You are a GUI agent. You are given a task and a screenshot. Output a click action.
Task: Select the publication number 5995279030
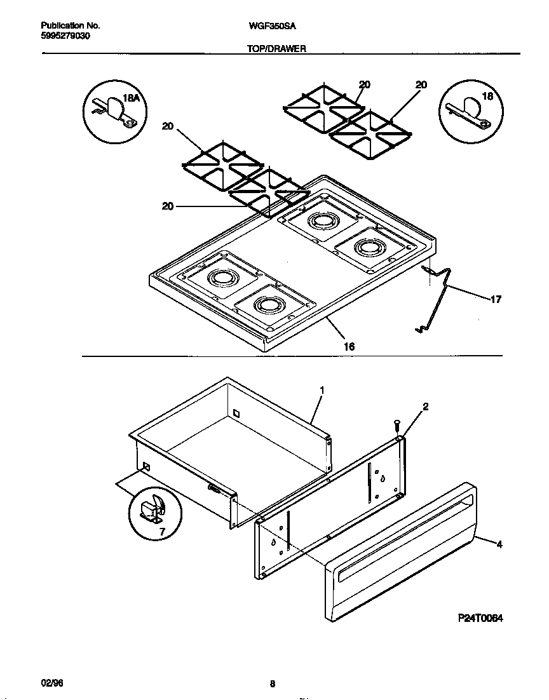[65, 36]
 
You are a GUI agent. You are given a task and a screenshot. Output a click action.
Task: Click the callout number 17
[495, 299]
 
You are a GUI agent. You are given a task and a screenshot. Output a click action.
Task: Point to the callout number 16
[349, 346]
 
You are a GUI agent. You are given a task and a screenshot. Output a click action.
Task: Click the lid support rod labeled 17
[438, 299]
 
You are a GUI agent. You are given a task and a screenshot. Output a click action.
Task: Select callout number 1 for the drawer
[322, 390]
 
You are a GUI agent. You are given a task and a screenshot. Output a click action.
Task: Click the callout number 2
[425, 407]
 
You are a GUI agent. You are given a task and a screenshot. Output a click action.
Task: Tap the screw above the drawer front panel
[397, 424]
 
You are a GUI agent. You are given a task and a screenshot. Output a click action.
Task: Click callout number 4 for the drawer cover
[499, 544]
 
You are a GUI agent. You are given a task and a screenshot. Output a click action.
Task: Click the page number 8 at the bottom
[272, 684]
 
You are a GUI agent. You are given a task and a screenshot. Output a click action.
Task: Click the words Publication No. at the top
[70, 26]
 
